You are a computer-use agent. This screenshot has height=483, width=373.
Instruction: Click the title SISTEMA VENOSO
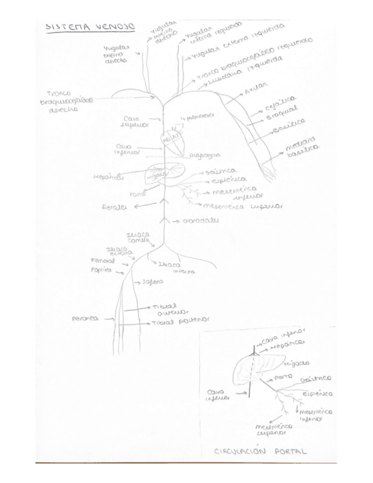click(x=90, y=27)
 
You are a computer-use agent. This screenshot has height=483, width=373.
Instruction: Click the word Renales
click(x=114, y=206)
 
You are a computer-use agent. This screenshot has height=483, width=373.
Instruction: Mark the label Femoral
click(x=103, y=260)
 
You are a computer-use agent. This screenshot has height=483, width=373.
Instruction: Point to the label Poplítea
click(x=101, y=271)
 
